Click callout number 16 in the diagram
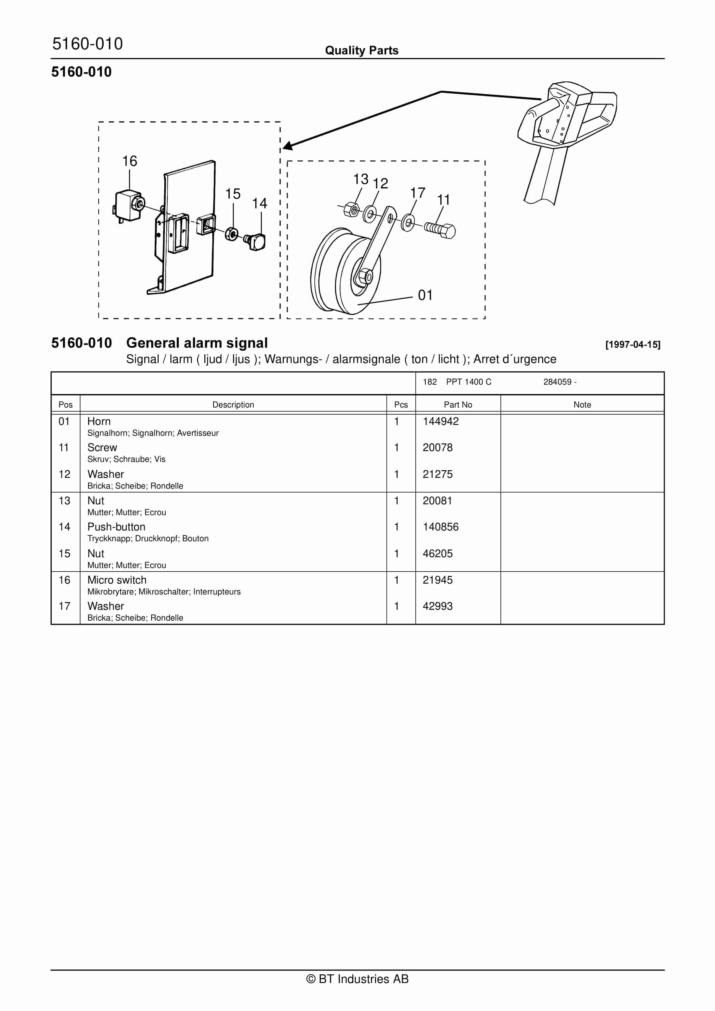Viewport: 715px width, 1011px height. pos(129,161)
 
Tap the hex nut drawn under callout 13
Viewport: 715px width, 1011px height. pos(351,209)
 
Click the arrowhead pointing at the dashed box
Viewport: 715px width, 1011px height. pos(288,146)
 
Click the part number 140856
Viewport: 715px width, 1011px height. pos(440,527)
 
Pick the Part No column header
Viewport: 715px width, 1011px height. pos(458,405)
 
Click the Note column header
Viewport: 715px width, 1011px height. pos(582,405)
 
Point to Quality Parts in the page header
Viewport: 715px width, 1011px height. pos(361,50)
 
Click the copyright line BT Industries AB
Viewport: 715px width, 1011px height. pos(357,979)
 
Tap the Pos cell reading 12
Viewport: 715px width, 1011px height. pos(64,474)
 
